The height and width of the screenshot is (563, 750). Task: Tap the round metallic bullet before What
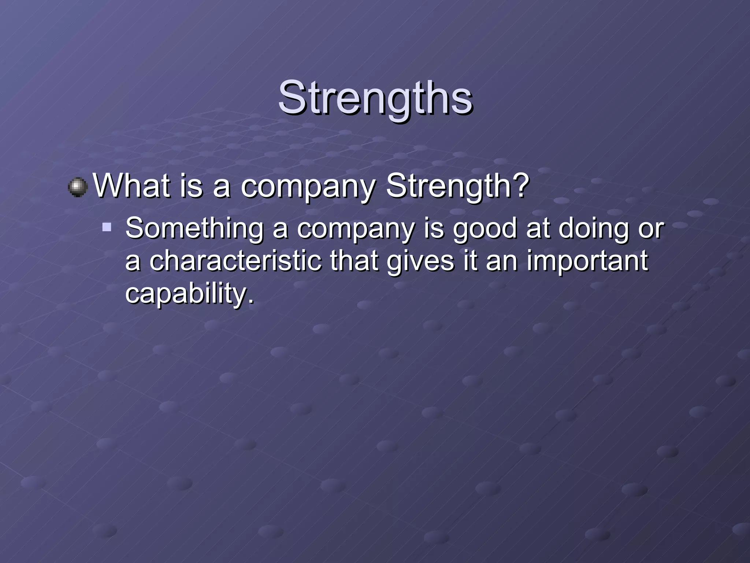[x=78, y=187]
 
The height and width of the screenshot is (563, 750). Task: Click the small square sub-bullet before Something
[x=107, y=227]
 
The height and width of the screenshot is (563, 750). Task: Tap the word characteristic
[x=235, y=261]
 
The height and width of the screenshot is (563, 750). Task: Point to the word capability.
[x=189, y=294]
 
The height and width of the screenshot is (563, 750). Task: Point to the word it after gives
[x=469, y=261]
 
